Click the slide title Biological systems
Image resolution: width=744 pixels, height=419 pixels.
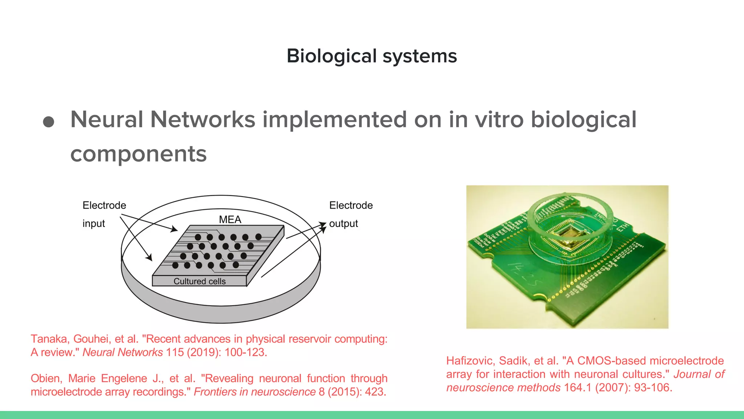point(372,56)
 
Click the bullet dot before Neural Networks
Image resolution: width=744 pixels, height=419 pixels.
point(49,121)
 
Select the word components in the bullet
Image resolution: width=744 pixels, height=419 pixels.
point(138,154)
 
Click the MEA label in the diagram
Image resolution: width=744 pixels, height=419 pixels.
point(230,219)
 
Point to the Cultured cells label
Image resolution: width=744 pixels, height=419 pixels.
point(199,281)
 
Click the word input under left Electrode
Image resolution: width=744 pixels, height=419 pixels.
point(94,223)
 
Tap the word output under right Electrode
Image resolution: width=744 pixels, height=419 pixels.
point(343,223)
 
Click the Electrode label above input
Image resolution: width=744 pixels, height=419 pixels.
point(104,205)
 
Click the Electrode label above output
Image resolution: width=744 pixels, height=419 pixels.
point(351,205)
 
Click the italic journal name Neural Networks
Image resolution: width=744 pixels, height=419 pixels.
point(123,352)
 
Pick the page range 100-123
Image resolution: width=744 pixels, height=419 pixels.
point(245,352)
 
